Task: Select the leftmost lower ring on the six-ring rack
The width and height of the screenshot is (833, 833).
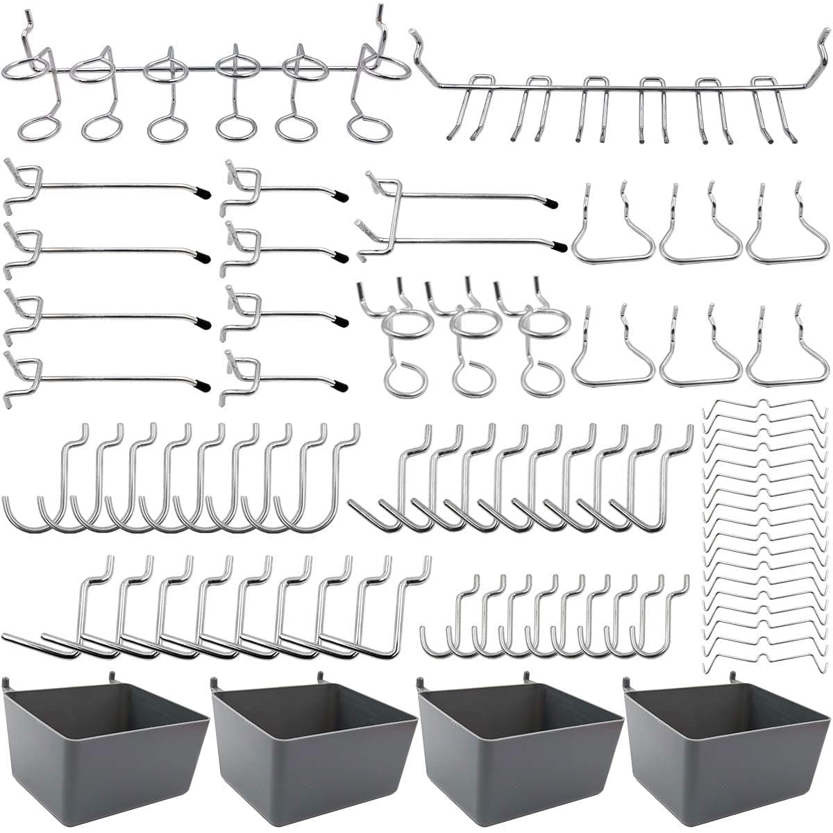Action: pyautogui.click(x=37, y=128)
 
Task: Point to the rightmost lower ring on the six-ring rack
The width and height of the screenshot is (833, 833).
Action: pyautogui.click(x=369, y=128)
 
